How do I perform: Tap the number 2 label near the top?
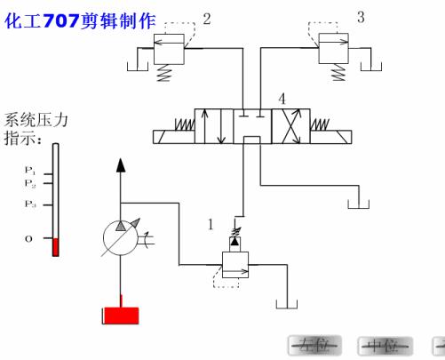pos(207,18)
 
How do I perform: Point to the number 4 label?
pos(282,97)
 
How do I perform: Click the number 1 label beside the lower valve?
pos(211,225)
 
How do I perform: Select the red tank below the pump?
pos(120,315)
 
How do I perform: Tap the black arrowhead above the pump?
pos(121,164)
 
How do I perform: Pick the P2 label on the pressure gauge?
pos(29,184)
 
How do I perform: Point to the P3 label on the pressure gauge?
pos(29,204)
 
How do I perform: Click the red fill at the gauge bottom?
pos(55,246)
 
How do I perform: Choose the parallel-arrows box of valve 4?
pos(214,125)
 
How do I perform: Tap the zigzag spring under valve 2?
pos(163,75)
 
